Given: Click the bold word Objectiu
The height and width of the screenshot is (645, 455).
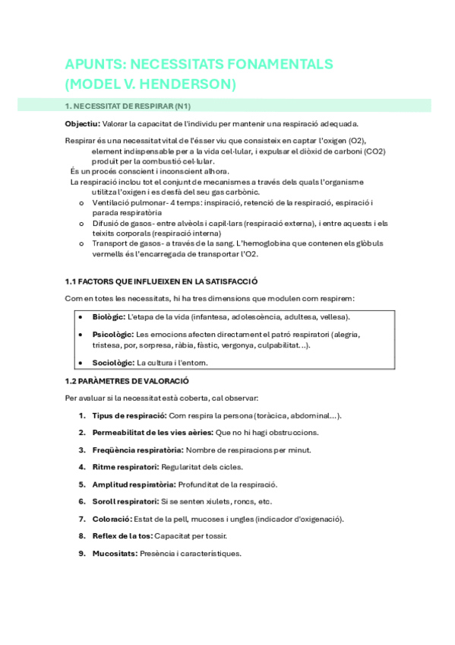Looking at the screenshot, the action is point(82,124).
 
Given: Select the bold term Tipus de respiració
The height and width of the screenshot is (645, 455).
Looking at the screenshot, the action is point(128,416).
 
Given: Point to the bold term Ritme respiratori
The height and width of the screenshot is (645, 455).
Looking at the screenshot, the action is point(125,467).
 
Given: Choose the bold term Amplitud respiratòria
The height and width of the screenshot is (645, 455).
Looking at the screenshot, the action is point(134,485).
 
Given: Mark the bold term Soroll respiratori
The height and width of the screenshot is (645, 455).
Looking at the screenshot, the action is point(125,501).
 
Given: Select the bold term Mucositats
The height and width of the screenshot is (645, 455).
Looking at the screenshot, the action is point(115,553).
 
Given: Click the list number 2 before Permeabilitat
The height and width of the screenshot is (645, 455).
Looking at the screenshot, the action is point(82,433).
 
